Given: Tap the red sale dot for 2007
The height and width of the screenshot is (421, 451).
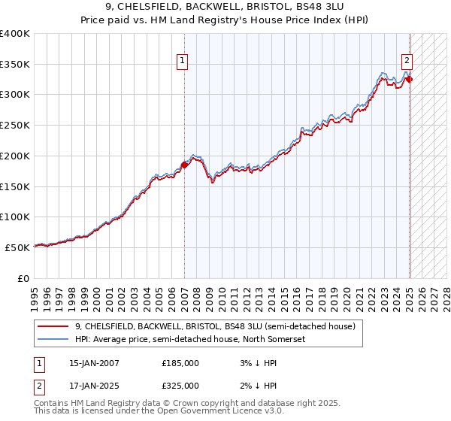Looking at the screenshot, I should click(x=184, y=165).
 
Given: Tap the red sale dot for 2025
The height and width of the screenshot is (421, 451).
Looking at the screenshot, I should click(x=410, y=79).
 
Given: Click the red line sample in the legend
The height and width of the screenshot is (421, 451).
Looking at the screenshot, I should click(x=54, y=326).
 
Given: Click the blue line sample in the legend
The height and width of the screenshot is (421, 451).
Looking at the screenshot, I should click(x=54, y=339).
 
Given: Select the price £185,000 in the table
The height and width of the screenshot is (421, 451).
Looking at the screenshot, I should click(x=180, y=363).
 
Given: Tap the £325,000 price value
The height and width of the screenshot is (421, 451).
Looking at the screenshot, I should click(x=180, y=386).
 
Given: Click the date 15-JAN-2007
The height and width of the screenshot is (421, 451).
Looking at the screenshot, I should click(x=94, y=363).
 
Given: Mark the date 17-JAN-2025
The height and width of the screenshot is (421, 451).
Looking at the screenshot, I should click(x=94, y=386).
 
